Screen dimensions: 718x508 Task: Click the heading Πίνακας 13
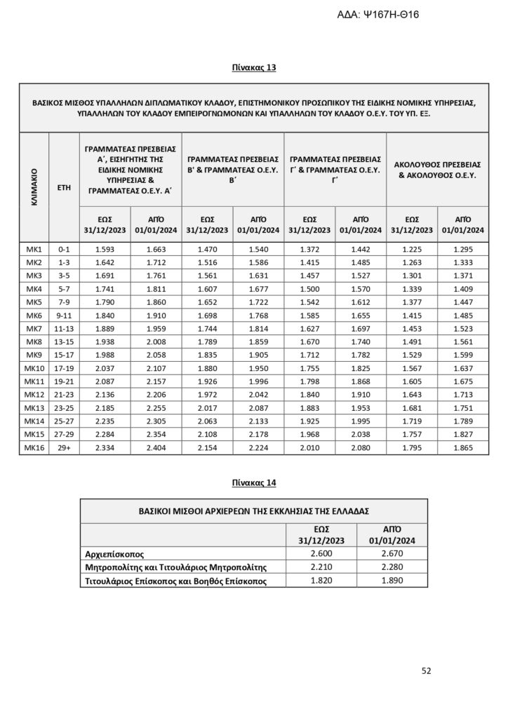pos(254,68)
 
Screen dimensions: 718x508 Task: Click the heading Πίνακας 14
pos(254,482)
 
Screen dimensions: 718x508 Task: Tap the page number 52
pos(426,670)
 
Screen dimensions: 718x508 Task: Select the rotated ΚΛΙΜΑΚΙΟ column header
pos(34,187)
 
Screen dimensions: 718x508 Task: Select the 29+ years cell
pos(64,447)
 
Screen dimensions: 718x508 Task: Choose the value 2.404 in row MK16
pos(156,447)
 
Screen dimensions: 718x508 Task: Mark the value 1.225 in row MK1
pos(412,250)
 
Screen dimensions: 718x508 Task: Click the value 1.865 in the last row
pos(463,447)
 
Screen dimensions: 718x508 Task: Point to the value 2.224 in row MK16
pos(258,447)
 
